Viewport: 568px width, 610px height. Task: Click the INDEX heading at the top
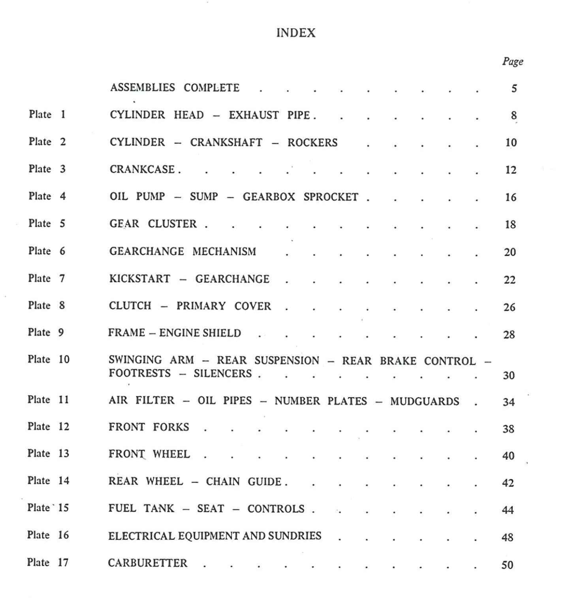296,33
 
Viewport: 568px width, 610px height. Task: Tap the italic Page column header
512,62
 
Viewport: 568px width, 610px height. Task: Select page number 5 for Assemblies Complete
514,89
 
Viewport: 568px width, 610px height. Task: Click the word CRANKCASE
142,169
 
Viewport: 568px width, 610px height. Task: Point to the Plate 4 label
47,196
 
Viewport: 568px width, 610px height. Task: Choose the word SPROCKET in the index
331,197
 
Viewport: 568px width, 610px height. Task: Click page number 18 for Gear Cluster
510,224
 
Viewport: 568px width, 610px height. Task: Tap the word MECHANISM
224,251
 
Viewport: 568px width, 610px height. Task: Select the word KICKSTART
139,279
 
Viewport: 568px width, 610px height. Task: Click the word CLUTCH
130,306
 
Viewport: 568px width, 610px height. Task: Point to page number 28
509,335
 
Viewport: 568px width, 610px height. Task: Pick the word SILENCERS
222,373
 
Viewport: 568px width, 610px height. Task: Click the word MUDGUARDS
424,401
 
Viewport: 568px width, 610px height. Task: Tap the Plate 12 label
48,427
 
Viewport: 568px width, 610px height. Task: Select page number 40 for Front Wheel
508,456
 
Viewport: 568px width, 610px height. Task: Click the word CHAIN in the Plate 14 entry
222,481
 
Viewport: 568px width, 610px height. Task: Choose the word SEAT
210,509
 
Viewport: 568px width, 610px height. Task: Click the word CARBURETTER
148,563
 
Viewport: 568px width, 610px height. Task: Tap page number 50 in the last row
507,565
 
